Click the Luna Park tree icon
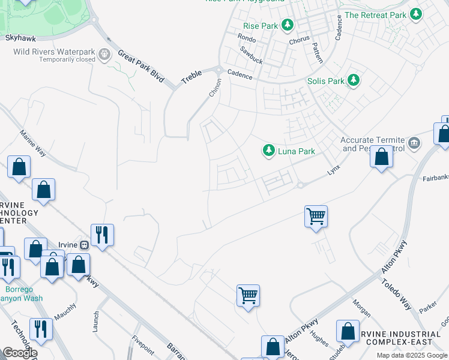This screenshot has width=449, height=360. [x=269, y=151]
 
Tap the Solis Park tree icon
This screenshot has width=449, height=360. [x=354, y=80]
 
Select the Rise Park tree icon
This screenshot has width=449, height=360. [x=288, y=25]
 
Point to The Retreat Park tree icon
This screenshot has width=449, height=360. [x=415, y=15]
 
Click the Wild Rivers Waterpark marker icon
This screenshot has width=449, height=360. [x=105, y=55]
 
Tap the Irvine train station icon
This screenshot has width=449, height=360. [x=84, y=244]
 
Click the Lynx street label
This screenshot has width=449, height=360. [x=333, y=171]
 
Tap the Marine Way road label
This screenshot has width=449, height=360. [x=32, y=143]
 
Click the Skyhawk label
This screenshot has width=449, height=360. [x=16, y=37]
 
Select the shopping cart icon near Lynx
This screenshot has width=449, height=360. [x=316, y=215]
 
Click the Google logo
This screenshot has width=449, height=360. [x=20, y=353]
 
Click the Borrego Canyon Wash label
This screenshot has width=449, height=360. [x=22, y=293]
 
